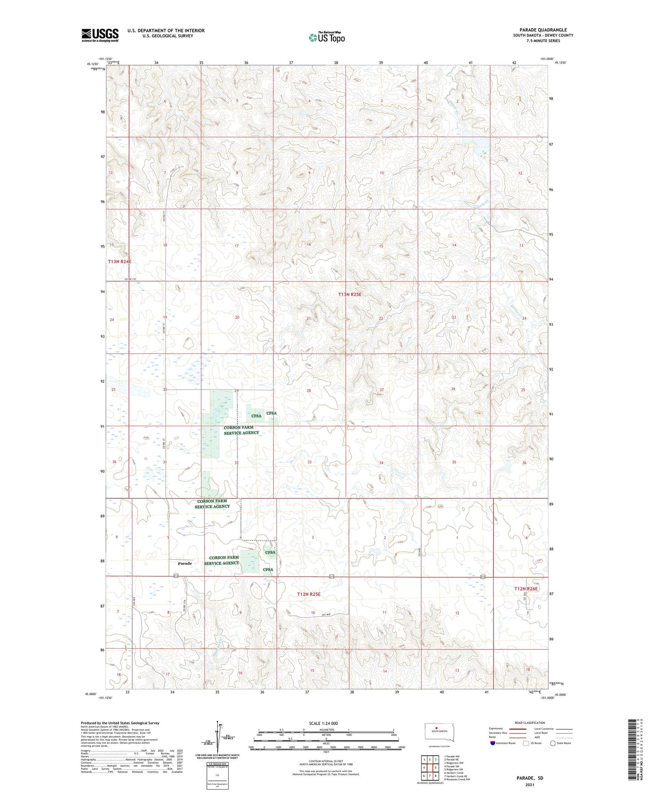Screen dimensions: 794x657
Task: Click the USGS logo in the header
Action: [100, 35]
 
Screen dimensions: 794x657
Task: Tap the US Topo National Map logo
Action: [326, 37]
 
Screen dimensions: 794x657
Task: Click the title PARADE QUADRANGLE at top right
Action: [543, 30]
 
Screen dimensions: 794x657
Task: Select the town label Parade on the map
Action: [184, 563]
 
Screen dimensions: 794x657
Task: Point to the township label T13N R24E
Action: [120, 261]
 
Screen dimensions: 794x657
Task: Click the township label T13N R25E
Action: [350, 294]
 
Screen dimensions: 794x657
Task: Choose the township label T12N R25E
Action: [309, 594]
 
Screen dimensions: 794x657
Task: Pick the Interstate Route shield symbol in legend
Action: [492, 743]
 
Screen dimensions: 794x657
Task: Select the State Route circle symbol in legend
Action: [553, 743]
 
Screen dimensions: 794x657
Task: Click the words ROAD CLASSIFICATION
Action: [530, 723]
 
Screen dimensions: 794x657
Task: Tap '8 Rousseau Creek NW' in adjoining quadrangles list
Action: [457, 779]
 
